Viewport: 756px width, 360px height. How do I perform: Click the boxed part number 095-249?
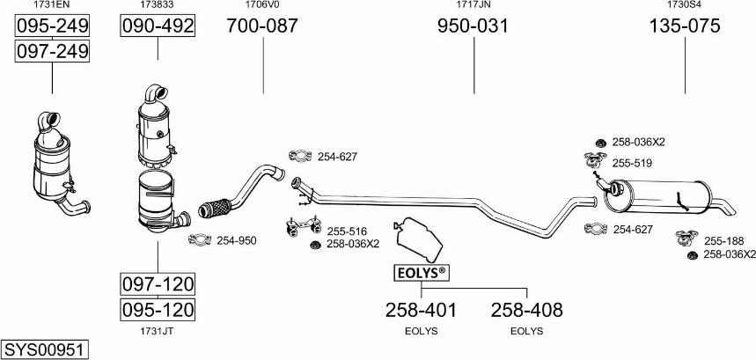point(52,26)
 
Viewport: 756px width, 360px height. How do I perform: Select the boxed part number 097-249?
point(52,50)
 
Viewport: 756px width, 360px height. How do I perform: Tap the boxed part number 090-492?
point(158,26)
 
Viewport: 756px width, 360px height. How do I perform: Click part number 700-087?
point(263,26)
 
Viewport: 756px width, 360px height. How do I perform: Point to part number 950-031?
point(473,26)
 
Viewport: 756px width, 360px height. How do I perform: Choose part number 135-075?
point(685,26)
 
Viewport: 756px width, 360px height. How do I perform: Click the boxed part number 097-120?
point(158,283)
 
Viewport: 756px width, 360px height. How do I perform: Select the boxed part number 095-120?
point(158,309)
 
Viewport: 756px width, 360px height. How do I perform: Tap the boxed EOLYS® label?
point(422,273)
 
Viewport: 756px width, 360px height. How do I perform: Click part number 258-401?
point(421,311)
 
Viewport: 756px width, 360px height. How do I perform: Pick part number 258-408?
point(526,311)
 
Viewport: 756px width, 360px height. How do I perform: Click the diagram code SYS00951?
point(45,349)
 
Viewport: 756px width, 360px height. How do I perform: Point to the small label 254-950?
point(236,240)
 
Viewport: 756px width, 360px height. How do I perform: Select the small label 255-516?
point(347,231)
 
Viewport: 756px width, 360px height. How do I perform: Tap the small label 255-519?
point(632,164)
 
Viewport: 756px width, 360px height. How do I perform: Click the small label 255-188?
point(724,241)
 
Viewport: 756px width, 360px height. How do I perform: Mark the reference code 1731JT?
point(158,331)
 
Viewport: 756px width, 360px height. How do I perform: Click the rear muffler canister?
point(657,196)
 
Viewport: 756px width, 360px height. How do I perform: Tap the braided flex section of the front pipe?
point(215,208)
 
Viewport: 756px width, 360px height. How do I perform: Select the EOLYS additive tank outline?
point(418,239)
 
